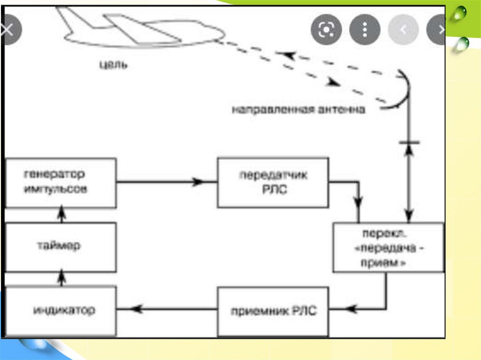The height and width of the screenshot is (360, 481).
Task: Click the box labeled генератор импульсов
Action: click(x=61, y=183)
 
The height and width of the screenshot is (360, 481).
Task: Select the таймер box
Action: click(x=61, y=246)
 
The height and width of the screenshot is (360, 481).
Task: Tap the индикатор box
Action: click(x=61, y=310)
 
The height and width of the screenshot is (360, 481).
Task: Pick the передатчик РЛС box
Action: click(x=273, y=182)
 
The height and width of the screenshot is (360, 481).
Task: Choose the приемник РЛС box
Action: click(x=273, y=311)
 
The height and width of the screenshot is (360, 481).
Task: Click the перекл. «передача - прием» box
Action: click(x=388, y=247)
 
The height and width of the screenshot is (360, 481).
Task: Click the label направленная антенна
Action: click(x=298, y=110)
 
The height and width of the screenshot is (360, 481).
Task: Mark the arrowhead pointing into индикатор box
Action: click(x=135, y=308)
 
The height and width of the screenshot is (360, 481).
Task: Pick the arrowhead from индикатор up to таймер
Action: click(x=61, y=278)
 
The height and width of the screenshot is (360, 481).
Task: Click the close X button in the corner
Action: click(x=8, y=30)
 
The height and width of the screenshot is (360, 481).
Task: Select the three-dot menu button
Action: click(x=365, y=30)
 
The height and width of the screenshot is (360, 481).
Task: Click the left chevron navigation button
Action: click(x=403, y=30)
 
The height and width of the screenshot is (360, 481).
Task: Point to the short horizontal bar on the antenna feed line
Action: click(x=408, y=141)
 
